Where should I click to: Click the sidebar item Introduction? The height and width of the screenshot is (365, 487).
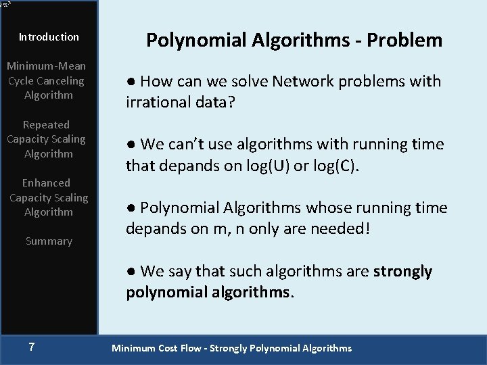click(49, 37)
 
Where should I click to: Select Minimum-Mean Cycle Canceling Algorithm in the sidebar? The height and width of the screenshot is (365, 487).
click(46, 80)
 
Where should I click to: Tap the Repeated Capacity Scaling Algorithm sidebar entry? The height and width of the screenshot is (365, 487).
click(46, 139)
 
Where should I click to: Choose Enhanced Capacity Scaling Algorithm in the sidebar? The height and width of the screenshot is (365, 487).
click(49, 197)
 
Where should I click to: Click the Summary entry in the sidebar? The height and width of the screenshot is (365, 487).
click(49, 241)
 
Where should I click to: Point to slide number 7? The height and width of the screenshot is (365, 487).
click(32, 347)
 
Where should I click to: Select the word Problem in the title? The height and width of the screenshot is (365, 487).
click(404, 41)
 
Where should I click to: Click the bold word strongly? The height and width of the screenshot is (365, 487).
click(402, 272)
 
